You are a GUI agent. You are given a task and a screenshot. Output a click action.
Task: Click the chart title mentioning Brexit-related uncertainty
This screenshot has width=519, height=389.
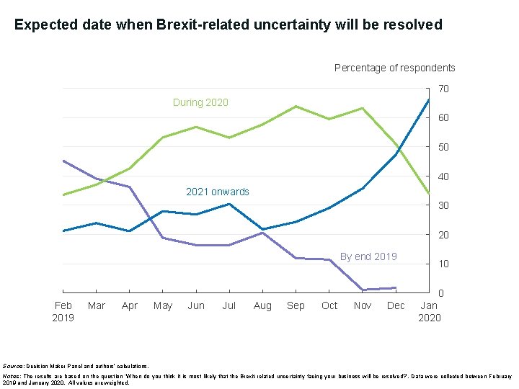[228, 25]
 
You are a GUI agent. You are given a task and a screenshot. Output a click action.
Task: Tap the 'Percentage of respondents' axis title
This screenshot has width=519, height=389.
[394, 68]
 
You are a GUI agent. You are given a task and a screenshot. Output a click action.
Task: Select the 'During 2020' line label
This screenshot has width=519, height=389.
[200, 102]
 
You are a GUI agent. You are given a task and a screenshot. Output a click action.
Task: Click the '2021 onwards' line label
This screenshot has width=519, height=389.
[217, 192]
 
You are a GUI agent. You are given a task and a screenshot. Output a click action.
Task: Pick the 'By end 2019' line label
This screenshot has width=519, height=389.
[368, 256]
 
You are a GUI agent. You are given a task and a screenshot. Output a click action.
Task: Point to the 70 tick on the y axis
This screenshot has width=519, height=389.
[444, 89]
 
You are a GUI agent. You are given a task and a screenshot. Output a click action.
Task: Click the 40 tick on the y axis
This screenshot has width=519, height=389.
[444, 176]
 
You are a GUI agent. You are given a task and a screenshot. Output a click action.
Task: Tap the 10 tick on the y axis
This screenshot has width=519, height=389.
[444, 264]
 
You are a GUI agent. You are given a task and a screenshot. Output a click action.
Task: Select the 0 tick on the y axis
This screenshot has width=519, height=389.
[441, 293]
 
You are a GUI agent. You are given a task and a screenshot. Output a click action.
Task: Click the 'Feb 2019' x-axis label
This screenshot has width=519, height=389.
[63, 311]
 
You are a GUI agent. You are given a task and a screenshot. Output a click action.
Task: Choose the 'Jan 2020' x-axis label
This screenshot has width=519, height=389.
[429, 311]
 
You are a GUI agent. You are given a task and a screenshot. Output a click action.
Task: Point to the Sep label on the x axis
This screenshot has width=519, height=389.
[296, 305]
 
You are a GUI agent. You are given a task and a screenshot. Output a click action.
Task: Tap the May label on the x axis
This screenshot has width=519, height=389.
[163, 305]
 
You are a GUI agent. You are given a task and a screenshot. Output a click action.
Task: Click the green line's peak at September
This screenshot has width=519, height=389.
[296, 107]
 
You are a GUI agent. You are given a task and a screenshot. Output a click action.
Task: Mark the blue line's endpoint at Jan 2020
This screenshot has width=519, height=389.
[429, 99]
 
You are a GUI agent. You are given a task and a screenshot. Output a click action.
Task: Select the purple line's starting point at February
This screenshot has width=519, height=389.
[63, 161]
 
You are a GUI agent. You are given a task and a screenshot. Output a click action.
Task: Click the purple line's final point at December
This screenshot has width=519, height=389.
[396, 287]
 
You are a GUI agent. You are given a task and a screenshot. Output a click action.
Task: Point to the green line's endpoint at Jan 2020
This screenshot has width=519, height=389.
[429, 192]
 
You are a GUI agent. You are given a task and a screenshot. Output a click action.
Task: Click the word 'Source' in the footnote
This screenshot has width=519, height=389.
[13, 367]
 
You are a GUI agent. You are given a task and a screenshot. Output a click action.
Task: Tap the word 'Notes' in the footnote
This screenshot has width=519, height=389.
[12, 376]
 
